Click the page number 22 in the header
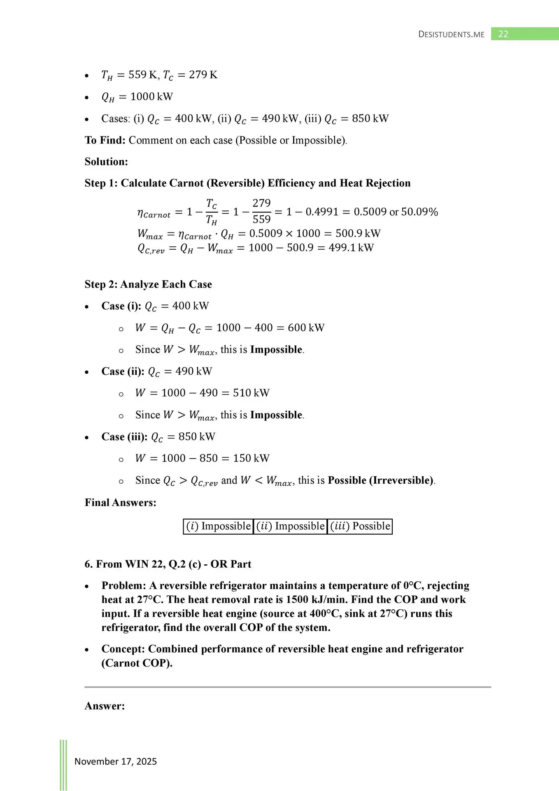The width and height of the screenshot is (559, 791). pyautogui.click(x=503, y=34)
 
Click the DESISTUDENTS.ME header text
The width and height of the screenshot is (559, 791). pyautogui.click(x=451, y=35)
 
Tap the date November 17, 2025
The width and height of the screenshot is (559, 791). pyautogui.click(x=116, y=761)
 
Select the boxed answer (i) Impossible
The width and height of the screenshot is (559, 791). pyautogui.click(x=218, y=526)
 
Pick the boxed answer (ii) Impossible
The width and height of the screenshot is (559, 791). pyautogui.click(x=290, y=526)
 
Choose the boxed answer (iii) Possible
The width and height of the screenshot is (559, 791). pyautogui.click(x=360, y=526)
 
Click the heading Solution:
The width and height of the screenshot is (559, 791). pyautogui.click(x=106, y=161)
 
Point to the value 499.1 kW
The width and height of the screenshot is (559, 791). pyautogui.click(x=351, y=248)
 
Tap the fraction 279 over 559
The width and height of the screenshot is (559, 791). pyautogui.click(x=261, y=211)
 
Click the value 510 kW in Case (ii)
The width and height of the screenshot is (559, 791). pyautogui.click(x=251, y=393)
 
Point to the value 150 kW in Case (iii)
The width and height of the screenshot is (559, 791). pyautogui.click(x=251, y=458)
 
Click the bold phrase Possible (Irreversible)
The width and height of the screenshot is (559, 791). pyautogui.click(x=380, y=480)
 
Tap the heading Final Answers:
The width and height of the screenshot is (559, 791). pyautogui.click(x=120, y=503)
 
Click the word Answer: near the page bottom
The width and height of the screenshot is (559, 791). pyautogui.click(x=105, y=706)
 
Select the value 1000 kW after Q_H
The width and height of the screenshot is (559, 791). pyautogui.click(x=151, y=96)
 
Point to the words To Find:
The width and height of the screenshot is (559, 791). pyautogui.click(x=105, y=140)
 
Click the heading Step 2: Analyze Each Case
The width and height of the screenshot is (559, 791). pyautogui.click(x=148, y=284)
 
